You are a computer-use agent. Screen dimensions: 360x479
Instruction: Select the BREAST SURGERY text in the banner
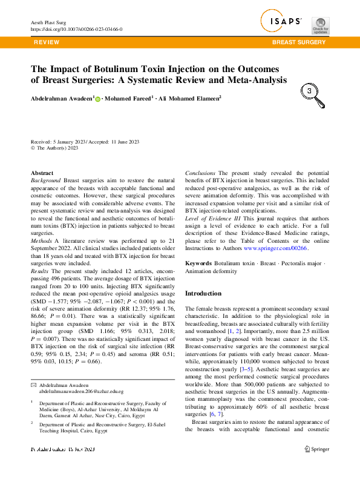coord(299,42)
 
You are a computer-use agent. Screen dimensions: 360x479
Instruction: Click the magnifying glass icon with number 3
coord(310,93)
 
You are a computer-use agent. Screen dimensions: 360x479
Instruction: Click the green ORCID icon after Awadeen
coord(97,97)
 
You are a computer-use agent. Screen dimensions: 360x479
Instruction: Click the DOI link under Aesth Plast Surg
coord(76,28)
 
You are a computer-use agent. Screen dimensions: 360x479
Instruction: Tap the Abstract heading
coord(42,173)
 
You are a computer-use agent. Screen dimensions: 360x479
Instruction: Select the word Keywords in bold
coord(198,264)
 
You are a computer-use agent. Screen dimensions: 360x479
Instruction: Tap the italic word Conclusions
coord(200,173)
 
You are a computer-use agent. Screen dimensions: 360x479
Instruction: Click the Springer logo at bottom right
coord(316,449)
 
